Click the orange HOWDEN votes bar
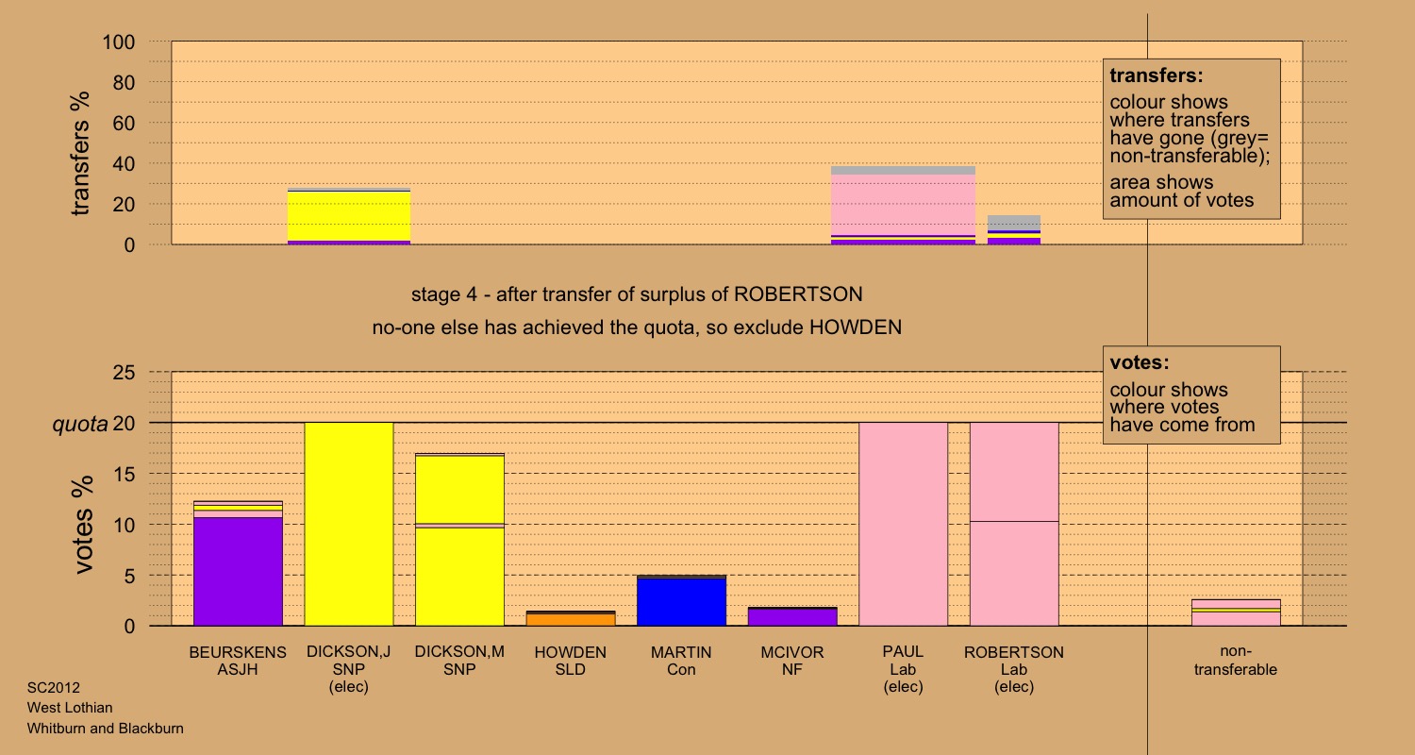[x=570, y=619]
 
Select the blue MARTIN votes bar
[x=681, y=601]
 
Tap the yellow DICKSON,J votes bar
[x=348, y=524]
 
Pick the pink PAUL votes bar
[x=903, y=524]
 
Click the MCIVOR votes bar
[x=792, y=617]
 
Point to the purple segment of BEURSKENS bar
[x=238, y=571]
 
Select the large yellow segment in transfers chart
[x=348, y=216]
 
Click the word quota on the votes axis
[x=78, y=425]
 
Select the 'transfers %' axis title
[x=82, y=153]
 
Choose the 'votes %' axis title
[x=84, y=525]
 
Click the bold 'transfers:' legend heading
[x=1156, y=75]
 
